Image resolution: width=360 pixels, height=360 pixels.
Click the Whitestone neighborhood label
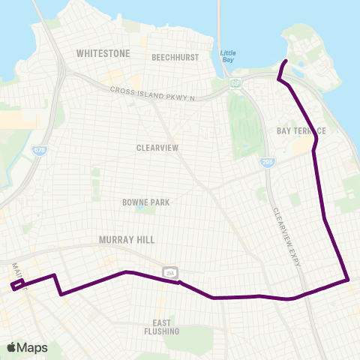click(103, 54)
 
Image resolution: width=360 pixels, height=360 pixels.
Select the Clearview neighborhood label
click(157, 148)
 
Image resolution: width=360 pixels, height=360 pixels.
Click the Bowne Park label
click(146, 202)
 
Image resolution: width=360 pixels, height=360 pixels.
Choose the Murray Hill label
click(126, 240)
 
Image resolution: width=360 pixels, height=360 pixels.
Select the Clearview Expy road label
click(287, 236)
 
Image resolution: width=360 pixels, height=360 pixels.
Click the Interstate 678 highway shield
click(39, 151)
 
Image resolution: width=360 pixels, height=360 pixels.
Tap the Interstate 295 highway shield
click(268, 161)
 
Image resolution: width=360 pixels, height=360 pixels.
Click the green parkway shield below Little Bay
click(235, 83)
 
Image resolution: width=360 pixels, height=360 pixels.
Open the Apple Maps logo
click(28, 347)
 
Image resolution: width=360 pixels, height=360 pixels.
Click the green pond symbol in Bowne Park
click(139, 210)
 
